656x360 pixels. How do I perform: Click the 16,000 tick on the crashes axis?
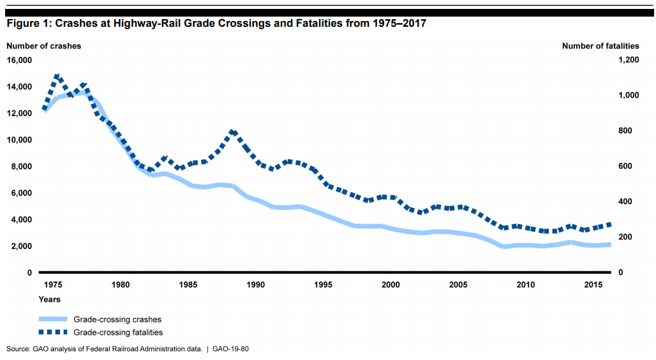point(19,60)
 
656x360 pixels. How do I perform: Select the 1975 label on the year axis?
point(54,284)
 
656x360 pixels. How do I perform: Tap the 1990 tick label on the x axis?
point(256,284)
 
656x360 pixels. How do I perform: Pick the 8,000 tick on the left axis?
point(21,167)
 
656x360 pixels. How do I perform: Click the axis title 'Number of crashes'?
point(44,45)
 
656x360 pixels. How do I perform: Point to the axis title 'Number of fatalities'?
point(600,45)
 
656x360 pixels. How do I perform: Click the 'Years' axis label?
point(50,299)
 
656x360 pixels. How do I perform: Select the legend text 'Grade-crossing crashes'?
point(117,319)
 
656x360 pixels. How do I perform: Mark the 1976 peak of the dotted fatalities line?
point(57,76)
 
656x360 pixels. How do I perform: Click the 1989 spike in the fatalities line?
point(233,131)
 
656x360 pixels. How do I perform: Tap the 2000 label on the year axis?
point(391,284)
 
